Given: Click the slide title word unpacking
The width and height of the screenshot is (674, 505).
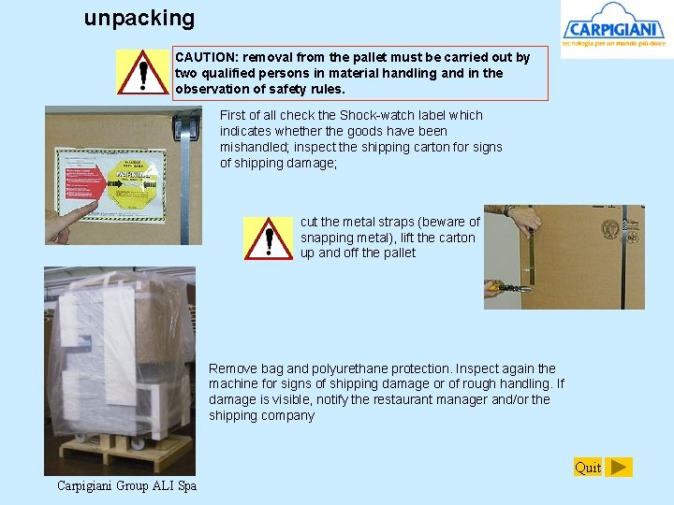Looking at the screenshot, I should [x=139, y=18].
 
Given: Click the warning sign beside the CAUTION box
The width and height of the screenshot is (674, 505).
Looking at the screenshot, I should [x=143, y=72].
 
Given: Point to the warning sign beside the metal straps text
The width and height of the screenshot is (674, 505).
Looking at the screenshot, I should [x=269, y=238].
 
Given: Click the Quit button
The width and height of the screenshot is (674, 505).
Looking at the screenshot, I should [x=588, y=467].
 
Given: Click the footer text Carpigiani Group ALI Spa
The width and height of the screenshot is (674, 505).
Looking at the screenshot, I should [x=126, y=485].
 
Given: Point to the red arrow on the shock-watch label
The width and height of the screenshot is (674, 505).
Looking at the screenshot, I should [x=83, y=177].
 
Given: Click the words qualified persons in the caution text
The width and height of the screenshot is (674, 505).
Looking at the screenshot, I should [x=247, y=73].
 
